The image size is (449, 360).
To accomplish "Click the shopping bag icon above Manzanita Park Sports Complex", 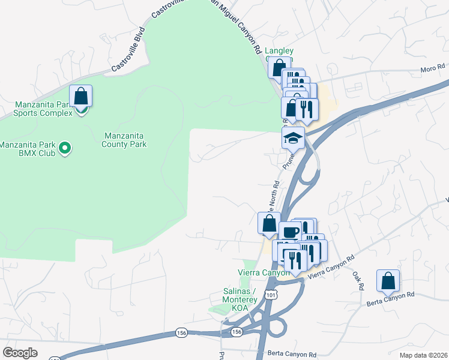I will (x=81, y=96).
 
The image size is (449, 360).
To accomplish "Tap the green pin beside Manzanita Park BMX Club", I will (x=67, y=146).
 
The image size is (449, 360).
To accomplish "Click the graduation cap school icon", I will (x=292, y=139).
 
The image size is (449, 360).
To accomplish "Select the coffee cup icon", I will (x=290, y=232).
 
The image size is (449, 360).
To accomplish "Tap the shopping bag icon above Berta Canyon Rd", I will (x=388, y=280).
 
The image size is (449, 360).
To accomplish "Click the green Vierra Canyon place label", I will (x=264, y=272).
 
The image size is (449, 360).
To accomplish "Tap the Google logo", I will (x=20, y=353).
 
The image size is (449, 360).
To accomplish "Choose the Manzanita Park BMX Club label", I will (x=29, y=149).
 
